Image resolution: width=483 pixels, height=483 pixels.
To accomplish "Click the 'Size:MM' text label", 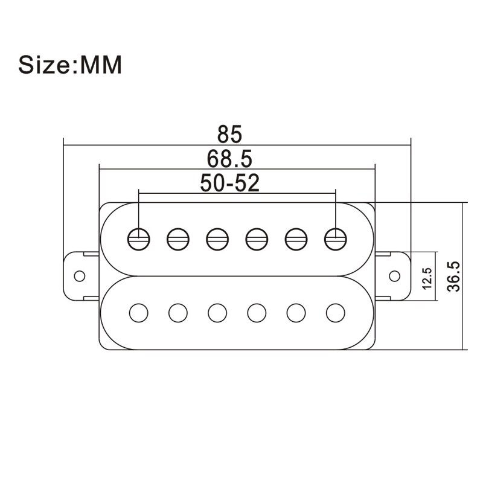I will [70, 65].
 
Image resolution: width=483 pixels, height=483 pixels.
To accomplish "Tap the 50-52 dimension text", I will [229, 183].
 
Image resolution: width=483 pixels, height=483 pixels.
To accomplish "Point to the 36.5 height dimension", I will [454, 276].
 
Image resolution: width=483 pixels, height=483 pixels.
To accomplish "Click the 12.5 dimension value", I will [426, 278].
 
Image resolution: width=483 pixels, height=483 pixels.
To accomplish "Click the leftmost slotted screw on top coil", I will [139, 238].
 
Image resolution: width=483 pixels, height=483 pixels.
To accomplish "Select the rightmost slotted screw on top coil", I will [335, 238].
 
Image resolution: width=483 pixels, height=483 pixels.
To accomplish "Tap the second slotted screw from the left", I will [178, 238].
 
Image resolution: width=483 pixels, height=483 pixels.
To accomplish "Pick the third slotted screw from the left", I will [217, 238].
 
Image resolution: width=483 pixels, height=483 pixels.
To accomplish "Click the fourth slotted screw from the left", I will [257, 238].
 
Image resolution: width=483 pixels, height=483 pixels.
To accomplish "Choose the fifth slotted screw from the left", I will [296, 238].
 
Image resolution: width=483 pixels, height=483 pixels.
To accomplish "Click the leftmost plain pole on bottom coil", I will [139, 312].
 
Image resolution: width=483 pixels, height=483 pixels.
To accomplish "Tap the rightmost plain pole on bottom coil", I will [335, 312].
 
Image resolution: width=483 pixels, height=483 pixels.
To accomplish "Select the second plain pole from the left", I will [178, 312].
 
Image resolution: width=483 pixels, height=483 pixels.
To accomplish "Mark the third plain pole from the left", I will [217, 312].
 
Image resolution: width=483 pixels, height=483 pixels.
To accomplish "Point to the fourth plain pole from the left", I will [257, 312].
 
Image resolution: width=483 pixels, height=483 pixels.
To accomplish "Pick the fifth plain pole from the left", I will [296, 312].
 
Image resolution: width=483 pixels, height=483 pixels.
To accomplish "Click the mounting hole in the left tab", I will [78, 276].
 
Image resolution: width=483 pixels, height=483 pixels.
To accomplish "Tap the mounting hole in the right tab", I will [394, 276].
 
